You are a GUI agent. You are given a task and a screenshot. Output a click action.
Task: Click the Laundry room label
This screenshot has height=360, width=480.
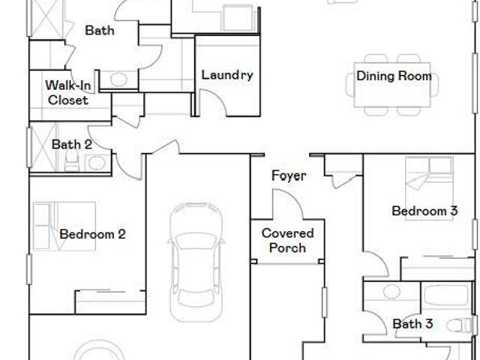(227, 75)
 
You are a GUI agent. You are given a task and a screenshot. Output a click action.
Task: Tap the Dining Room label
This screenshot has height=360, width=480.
(394, 76)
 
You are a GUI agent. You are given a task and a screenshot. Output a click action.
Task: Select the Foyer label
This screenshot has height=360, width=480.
(289, 175)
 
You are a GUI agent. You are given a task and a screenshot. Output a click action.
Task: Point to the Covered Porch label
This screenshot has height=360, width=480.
(288, 241)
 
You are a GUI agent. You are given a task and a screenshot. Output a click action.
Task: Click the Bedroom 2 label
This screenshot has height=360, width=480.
(92, 234)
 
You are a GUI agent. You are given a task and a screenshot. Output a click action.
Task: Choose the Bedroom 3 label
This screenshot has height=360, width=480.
(424, 211)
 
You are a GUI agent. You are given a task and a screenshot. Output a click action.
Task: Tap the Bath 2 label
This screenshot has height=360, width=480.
(72, 145)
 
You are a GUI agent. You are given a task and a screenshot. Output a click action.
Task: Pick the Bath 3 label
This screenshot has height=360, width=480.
(412, 323)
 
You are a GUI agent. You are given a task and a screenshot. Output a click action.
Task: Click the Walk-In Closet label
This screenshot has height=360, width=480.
(68, 93)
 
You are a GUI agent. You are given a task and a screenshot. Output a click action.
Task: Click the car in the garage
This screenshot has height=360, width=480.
(196, 262)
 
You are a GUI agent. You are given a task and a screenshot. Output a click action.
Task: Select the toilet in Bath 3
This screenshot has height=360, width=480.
(460, 325)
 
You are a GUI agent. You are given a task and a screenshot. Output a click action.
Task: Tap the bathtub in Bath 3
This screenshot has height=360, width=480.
(446, 295)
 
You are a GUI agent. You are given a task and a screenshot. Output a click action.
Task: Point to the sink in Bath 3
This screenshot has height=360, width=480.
(391, 292)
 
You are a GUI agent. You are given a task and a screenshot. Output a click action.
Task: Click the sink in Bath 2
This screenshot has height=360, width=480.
(97, 163)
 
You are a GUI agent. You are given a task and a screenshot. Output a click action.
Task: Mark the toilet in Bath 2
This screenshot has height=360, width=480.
(71, 162)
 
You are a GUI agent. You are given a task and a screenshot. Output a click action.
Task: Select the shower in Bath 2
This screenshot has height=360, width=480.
(43, 147)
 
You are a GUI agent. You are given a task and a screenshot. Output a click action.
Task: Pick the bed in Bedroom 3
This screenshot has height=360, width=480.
(429, 188)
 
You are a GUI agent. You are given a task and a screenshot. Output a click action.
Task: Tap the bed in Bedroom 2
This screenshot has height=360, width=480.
(64, 226)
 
